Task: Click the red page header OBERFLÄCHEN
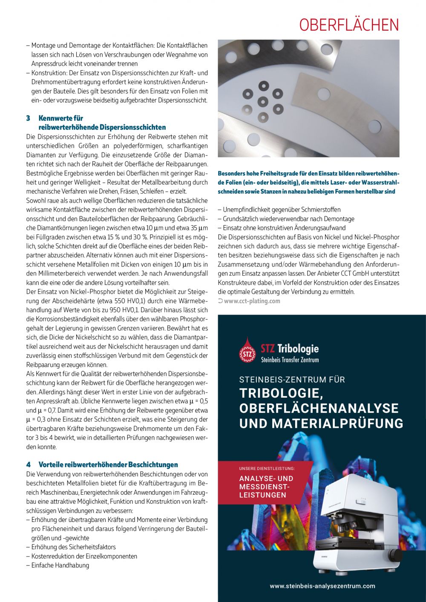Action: click(x=349, y=25)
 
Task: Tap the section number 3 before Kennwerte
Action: click(x=28, y=118)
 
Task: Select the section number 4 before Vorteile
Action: click(x=28, y=464)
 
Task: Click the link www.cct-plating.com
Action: click(x=252, y=301)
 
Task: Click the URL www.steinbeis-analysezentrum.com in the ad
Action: click(x=322, y=586)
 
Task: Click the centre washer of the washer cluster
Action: click(x=263, y=102)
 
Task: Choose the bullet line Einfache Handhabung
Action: click(x=60, y=565)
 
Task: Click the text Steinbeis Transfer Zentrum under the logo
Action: click(x=290, y=360)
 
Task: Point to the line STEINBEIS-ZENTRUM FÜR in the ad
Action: click(x=292, y=379)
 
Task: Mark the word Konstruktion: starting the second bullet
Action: click(x=49, y=73)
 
